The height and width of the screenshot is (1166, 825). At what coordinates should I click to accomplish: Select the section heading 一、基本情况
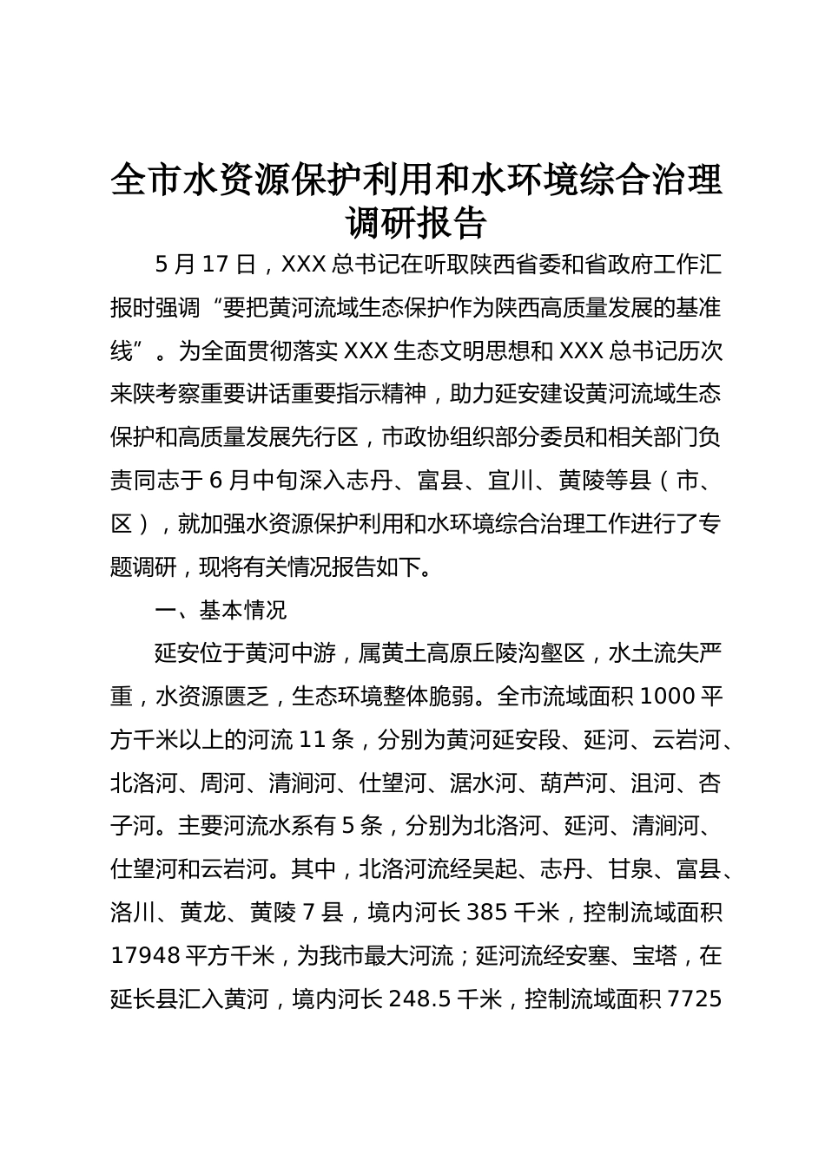221,610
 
